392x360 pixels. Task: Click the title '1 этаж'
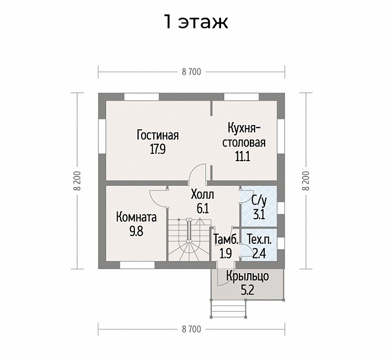[x=196, y=22]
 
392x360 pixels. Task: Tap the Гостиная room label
[x=158, y=136]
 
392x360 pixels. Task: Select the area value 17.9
[x=158, y=150]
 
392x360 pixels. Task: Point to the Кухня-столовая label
[x=244, y=136]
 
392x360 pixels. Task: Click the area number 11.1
[x=242, y=156]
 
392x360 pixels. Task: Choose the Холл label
[x=202, y=195]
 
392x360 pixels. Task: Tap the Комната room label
[x=136, y=217]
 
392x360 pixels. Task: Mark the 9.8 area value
[x=136, y=231]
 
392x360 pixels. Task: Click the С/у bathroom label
[x=259, y=200]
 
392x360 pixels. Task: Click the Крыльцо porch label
[x=248, y=277]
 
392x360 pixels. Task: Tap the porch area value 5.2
[x=247, y=290]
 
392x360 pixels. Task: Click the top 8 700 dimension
[x=191, y=72]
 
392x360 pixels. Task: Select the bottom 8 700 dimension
[x=191, y=329]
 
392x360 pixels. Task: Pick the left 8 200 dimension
[x=77, y=181]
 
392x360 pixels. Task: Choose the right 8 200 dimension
[x=306, y=181]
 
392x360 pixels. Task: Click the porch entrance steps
[x=228, y=309]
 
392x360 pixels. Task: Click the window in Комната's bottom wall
[x=137, y=265]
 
